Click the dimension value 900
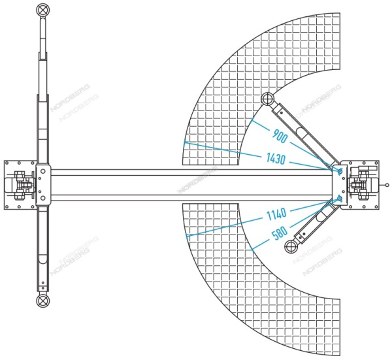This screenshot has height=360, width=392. (280, 137)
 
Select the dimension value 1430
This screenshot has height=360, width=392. (276, 159)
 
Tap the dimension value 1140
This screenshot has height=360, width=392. (276, 214)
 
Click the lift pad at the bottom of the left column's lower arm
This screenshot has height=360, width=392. (42, 301)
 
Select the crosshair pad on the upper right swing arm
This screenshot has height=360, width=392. (267, 99)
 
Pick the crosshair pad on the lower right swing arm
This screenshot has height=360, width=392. (291, 247)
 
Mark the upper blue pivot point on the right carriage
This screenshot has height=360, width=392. (340, 171)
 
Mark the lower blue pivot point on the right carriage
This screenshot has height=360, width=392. (340, 198)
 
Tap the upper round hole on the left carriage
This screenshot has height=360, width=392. (42, 171)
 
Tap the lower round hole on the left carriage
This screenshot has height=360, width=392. (42, 198)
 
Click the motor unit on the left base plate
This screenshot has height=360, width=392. (20, 185)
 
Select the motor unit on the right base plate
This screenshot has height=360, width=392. (363, 185)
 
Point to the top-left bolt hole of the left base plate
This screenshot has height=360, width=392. (7, 163)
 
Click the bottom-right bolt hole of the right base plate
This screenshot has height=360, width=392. (376, 206)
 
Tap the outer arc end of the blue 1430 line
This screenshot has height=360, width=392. (185, 142)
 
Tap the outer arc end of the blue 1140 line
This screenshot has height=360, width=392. (186, 237)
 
